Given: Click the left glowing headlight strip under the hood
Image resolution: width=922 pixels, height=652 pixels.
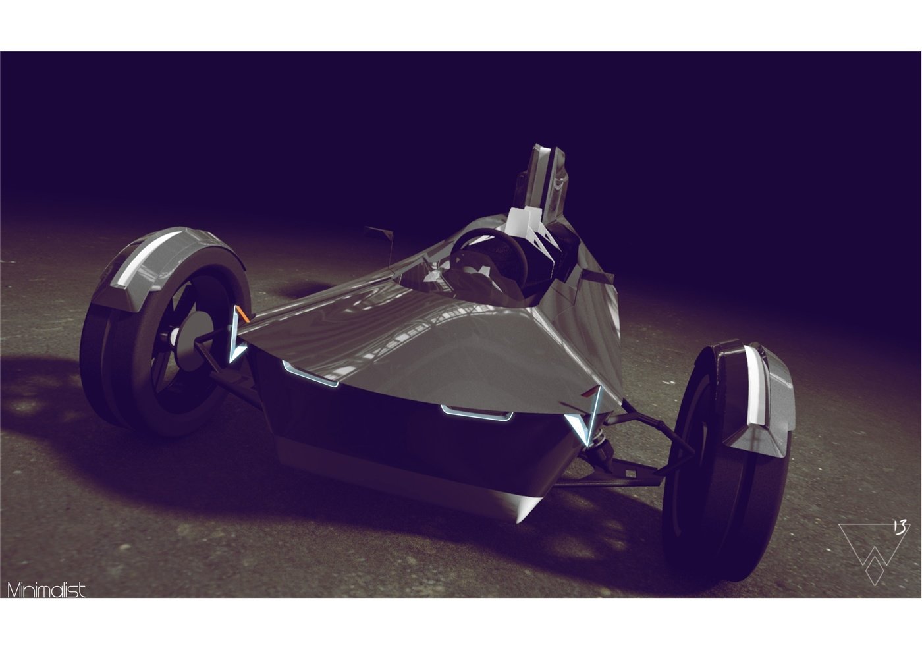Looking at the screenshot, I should tap(310, 375).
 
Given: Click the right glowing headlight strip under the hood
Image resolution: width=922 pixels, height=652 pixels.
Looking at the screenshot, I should tap(477, 414).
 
